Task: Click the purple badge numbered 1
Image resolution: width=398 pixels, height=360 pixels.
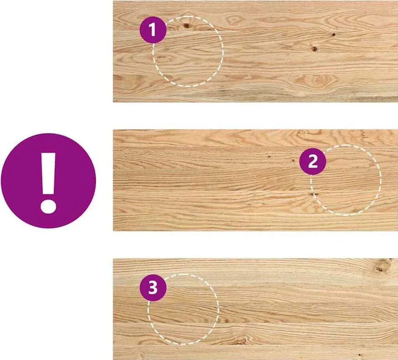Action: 153,30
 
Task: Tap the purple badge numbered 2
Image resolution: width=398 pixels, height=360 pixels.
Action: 313,161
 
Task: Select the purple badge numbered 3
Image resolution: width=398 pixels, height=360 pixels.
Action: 153,288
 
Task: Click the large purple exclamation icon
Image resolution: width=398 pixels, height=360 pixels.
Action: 49,181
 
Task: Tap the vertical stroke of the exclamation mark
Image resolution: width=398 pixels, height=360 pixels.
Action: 48,174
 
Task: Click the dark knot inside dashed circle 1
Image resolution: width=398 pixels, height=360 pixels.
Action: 187,25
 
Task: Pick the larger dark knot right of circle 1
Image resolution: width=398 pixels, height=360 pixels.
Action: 314,49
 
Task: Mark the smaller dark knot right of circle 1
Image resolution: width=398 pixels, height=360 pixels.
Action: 333,34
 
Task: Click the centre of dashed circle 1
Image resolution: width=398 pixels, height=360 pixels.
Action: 188,52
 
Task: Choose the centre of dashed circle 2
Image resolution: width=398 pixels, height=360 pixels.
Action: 346,180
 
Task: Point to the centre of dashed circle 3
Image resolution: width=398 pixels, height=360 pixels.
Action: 183,309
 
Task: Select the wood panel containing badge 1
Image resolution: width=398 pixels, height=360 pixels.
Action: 255,51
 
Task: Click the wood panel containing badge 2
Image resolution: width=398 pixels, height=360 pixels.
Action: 255,180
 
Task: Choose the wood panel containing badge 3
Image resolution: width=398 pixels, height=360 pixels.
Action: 255,309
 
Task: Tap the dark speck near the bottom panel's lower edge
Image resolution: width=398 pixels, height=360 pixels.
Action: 360,355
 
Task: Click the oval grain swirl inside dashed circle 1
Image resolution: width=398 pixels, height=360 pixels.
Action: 164,58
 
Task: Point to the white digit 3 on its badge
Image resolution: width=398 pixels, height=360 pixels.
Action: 153,288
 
